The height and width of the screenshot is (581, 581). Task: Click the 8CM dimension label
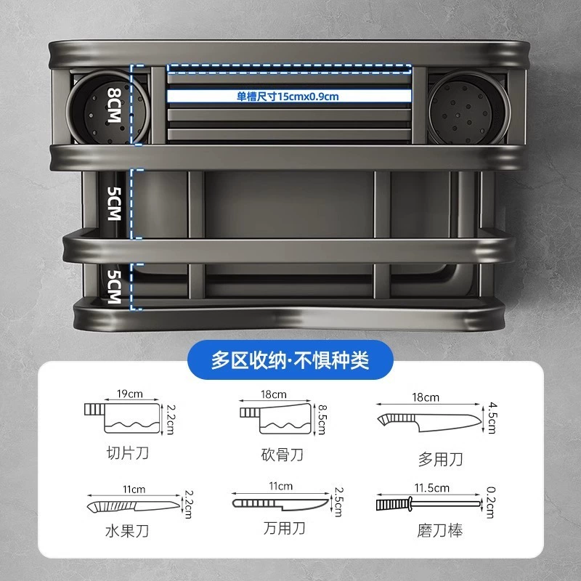114,105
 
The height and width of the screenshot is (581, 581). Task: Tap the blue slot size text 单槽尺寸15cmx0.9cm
288,97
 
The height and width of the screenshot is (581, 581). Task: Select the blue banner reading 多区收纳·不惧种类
290,359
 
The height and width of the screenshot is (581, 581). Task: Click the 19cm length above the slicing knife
130,394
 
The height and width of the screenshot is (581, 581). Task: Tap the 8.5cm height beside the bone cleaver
322,419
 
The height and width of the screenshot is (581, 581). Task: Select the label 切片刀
128,452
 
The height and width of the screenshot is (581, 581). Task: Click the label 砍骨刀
282,455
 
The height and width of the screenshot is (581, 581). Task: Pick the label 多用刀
440,460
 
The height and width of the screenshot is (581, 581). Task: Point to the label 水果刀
126,532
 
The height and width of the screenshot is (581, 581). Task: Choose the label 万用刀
284,528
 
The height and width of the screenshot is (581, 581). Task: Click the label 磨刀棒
440,531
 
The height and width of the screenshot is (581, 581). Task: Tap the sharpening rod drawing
428,504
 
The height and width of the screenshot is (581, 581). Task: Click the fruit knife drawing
134,506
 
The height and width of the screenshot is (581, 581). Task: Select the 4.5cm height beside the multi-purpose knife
492,418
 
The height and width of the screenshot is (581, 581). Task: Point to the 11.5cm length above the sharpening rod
431,488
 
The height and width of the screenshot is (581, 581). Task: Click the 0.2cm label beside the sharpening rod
491,503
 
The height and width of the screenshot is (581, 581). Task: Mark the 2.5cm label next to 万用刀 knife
338,502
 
